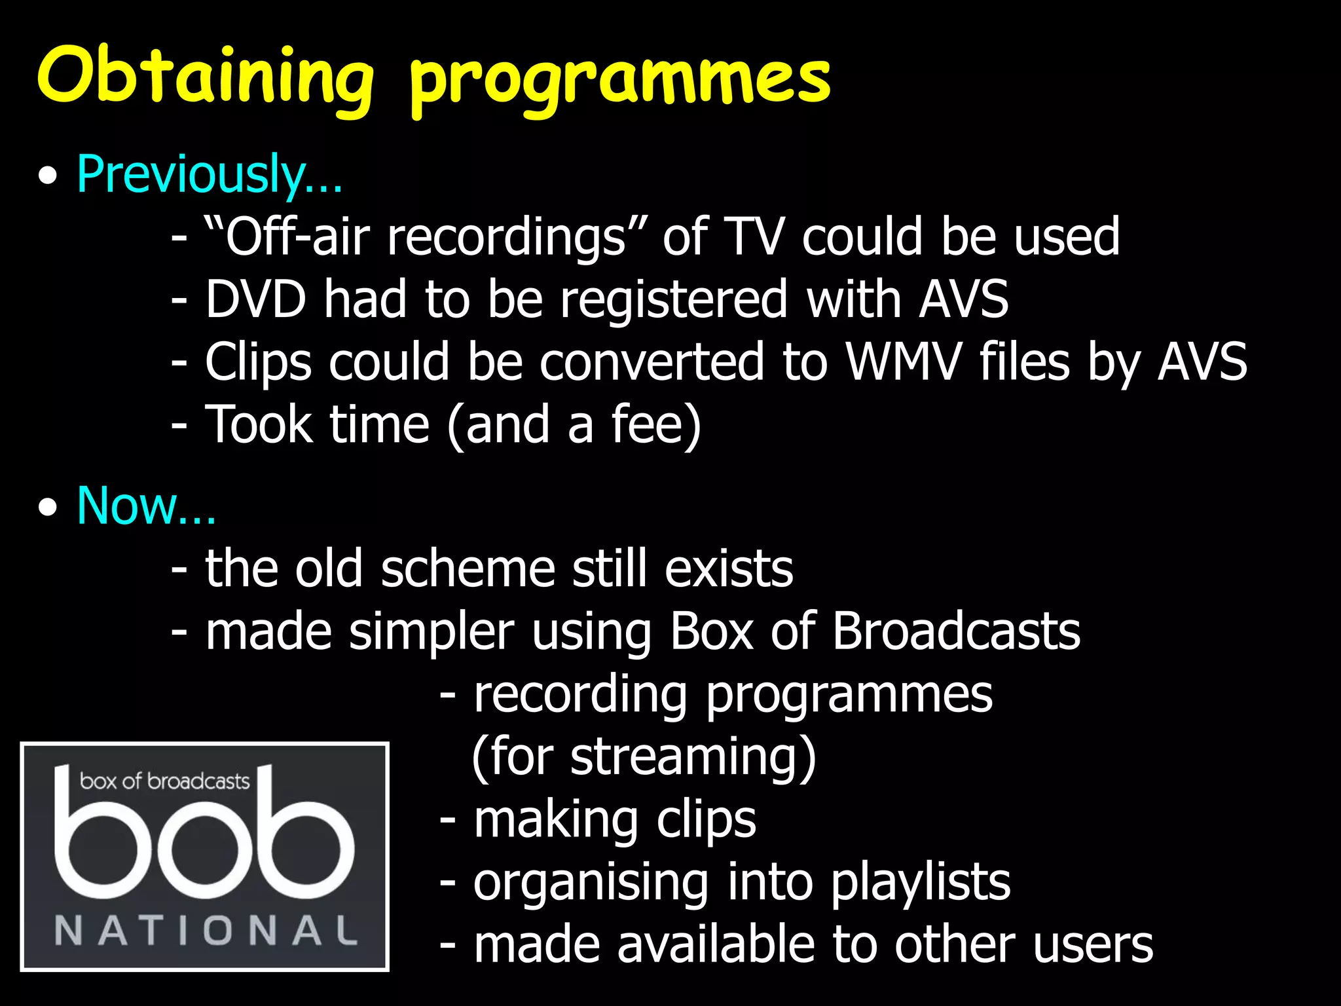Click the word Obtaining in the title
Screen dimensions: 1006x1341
(205, 77)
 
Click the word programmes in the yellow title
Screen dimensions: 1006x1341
(619, 81)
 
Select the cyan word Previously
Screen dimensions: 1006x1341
(191, 174)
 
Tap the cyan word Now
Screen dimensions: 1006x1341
(128, 506)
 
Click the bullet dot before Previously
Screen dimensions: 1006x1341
(48, 177)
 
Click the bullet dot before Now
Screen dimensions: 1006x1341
(48, 508)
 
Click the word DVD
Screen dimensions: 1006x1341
(255, 299)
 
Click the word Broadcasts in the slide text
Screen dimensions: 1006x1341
(956, 631)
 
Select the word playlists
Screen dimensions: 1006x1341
(921, 882)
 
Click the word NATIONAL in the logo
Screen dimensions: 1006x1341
(206, 930)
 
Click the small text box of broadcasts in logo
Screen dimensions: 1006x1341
(164, 781)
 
